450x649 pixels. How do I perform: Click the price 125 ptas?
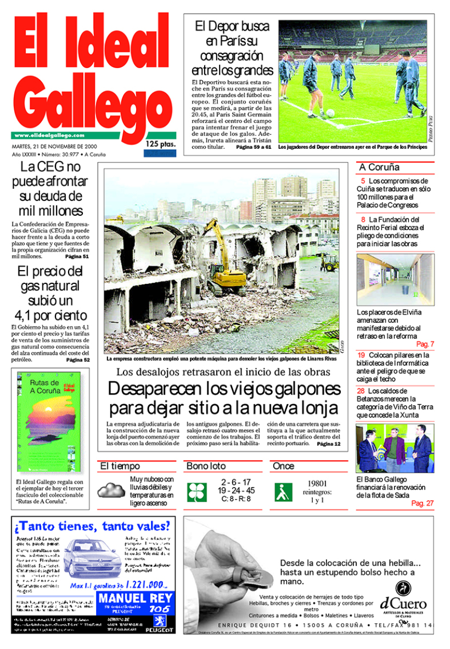[160, 144]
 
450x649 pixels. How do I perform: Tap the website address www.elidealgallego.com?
[49, 136]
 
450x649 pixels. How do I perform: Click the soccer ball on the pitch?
[330, 113]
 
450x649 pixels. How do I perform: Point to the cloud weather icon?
[111, 490]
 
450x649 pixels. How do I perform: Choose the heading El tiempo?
[120, 466]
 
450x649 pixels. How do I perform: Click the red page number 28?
[361, 391]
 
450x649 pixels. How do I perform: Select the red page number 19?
[361, 355]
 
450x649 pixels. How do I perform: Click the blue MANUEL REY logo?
[134, 602]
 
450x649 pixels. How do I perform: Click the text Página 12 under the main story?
[329, 444]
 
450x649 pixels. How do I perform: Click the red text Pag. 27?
[422, 503]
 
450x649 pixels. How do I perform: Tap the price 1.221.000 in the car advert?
[145, 585]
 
